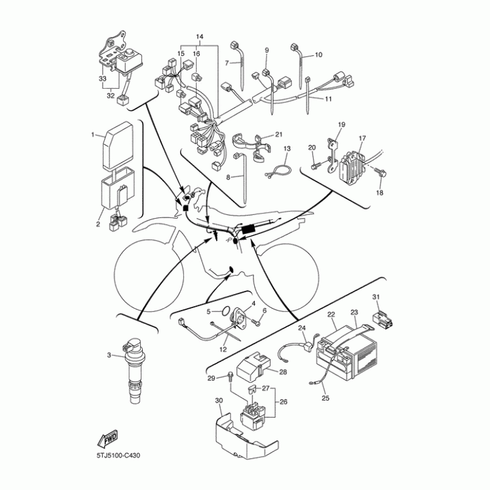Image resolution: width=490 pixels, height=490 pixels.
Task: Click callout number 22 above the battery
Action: pos(331,315)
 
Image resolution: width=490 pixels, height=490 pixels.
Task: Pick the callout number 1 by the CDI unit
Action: pos(93,134)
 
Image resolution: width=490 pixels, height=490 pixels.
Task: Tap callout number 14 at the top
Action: pos(198,37)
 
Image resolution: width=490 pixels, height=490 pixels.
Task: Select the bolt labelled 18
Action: pos(380,175)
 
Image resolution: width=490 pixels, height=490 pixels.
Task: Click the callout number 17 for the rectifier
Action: pos(362,138)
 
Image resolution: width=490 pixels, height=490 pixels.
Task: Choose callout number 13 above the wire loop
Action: pos(286,148)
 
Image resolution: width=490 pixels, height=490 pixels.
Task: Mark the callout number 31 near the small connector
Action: pos(376,297)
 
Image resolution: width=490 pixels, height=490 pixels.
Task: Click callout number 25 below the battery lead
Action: pos(325,398)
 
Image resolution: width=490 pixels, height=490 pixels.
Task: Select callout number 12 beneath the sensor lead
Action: pos(224,349)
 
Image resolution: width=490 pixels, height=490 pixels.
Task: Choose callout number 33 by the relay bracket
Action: pos(102,79)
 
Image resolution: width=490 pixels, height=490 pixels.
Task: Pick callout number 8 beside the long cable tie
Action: pos(228,177)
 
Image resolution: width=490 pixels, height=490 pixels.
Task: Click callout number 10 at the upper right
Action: pos(318,55)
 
